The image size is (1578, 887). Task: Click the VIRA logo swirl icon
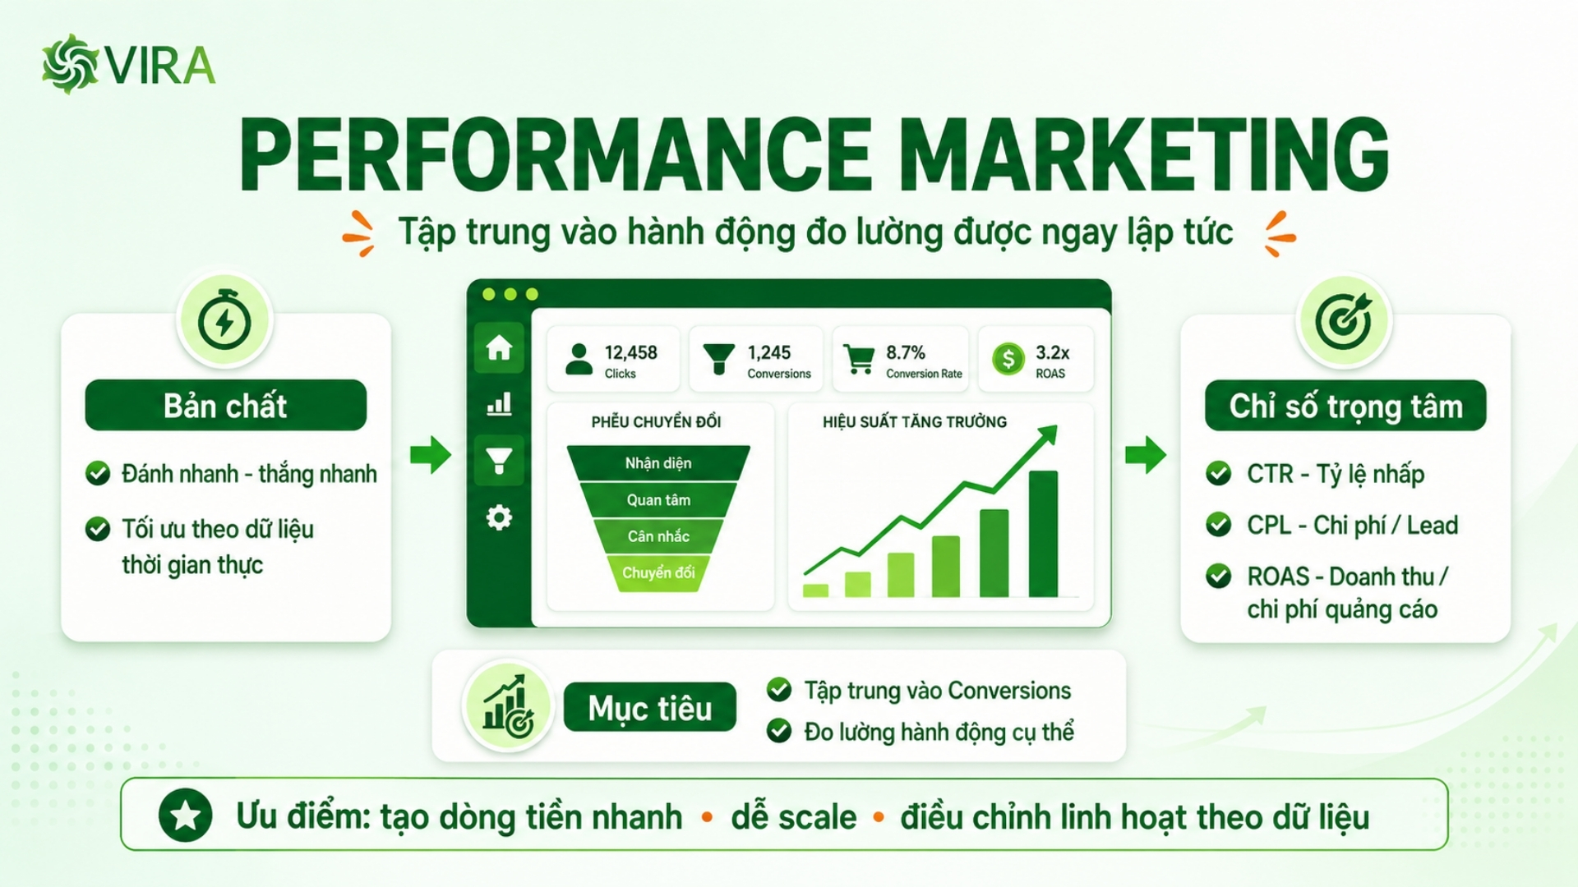[71, 64]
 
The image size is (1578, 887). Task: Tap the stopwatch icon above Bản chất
[224, 320]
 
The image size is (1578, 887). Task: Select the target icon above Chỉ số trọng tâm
[1344, 320]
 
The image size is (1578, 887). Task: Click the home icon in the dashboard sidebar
[499, 348]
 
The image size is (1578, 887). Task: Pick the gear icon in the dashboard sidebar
[499, 517]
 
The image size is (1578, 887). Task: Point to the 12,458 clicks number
[631, 352]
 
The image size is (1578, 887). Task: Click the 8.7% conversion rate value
[906, 352]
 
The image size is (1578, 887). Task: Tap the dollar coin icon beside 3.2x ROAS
[1008, 359]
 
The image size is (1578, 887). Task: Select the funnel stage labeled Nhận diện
[658, 463]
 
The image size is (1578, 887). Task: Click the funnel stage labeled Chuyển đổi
[658, 572]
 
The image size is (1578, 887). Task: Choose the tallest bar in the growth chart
[1043, 534]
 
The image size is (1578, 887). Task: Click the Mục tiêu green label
[650, 707]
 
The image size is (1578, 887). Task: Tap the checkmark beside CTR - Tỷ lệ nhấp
[1218, 474]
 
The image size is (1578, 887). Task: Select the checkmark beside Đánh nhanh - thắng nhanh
[98, 473]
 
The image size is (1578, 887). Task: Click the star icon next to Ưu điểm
[186, 816]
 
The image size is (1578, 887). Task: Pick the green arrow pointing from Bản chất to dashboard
[430, 454]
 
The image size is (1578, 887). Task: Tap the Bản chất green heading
[226, 405]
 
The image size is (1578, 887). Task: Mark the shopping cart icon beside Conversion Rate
[859, 359]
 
